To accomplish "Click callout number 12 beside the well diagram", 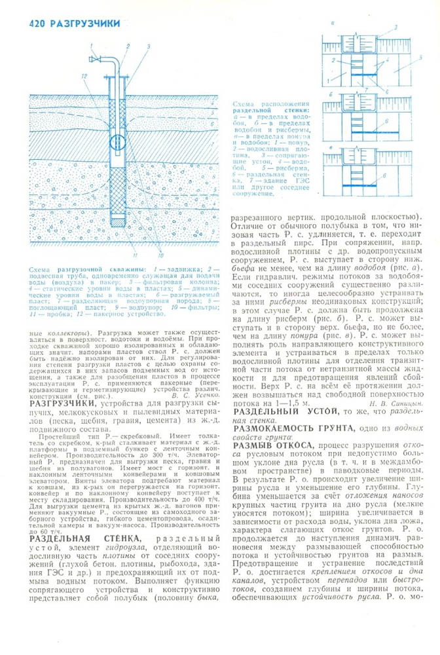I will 84,76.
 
